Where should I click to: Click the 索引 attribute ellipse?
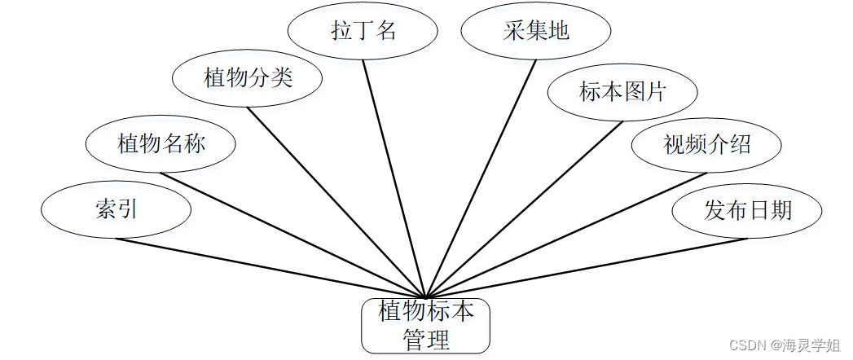117,210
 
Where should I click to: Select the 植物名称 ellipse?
161,145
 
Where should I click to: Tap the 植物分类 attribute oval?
248,79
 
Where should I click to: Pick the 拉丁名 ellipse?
363,32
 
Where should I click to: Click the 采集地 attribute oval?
536,32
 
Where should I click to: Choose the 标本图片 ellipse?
622,92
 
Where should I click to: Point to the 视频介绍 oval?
707,145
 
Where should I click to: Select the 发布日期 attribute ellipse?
748,211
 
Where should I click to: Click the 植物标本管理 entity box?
425,325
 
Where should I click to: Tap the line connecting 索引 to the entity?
269,268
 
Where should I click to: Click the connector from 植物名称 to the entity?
293,235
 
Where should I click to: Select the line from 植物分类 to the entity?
336,202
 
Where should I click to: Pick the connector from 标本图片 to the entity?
523,209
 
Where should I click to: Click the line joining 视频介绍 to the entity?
566,235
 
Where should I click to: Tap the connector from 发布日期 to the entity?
587,268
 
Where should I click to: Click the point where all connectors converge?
425,296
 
